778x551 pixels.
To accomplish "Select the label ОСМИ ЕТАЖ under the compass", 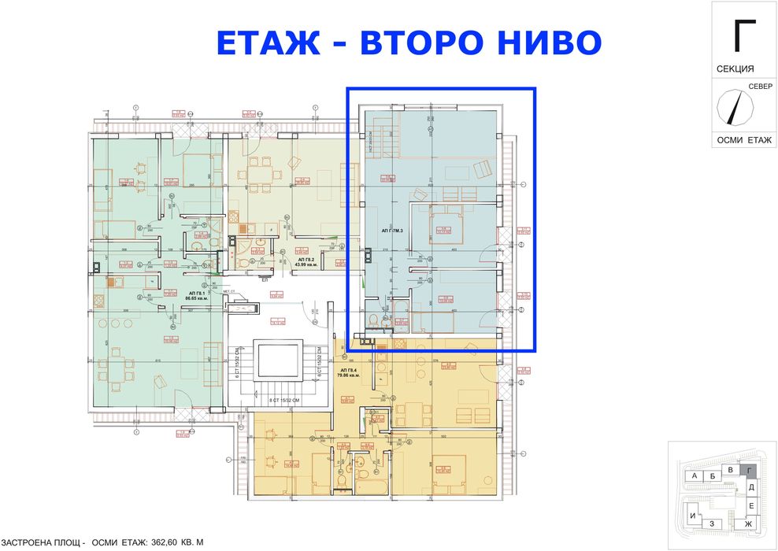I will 743,139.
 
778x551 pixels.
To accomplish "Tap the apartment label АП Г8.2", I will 306,261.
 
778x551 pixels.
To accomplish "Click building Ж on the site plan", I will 748,523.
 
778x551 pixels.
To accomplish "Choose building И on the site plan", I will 692,517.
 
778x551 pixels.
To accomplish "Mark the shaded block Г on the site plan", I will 750,471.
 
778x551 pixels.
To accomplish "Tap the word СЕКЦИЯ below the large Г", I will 735,69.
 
